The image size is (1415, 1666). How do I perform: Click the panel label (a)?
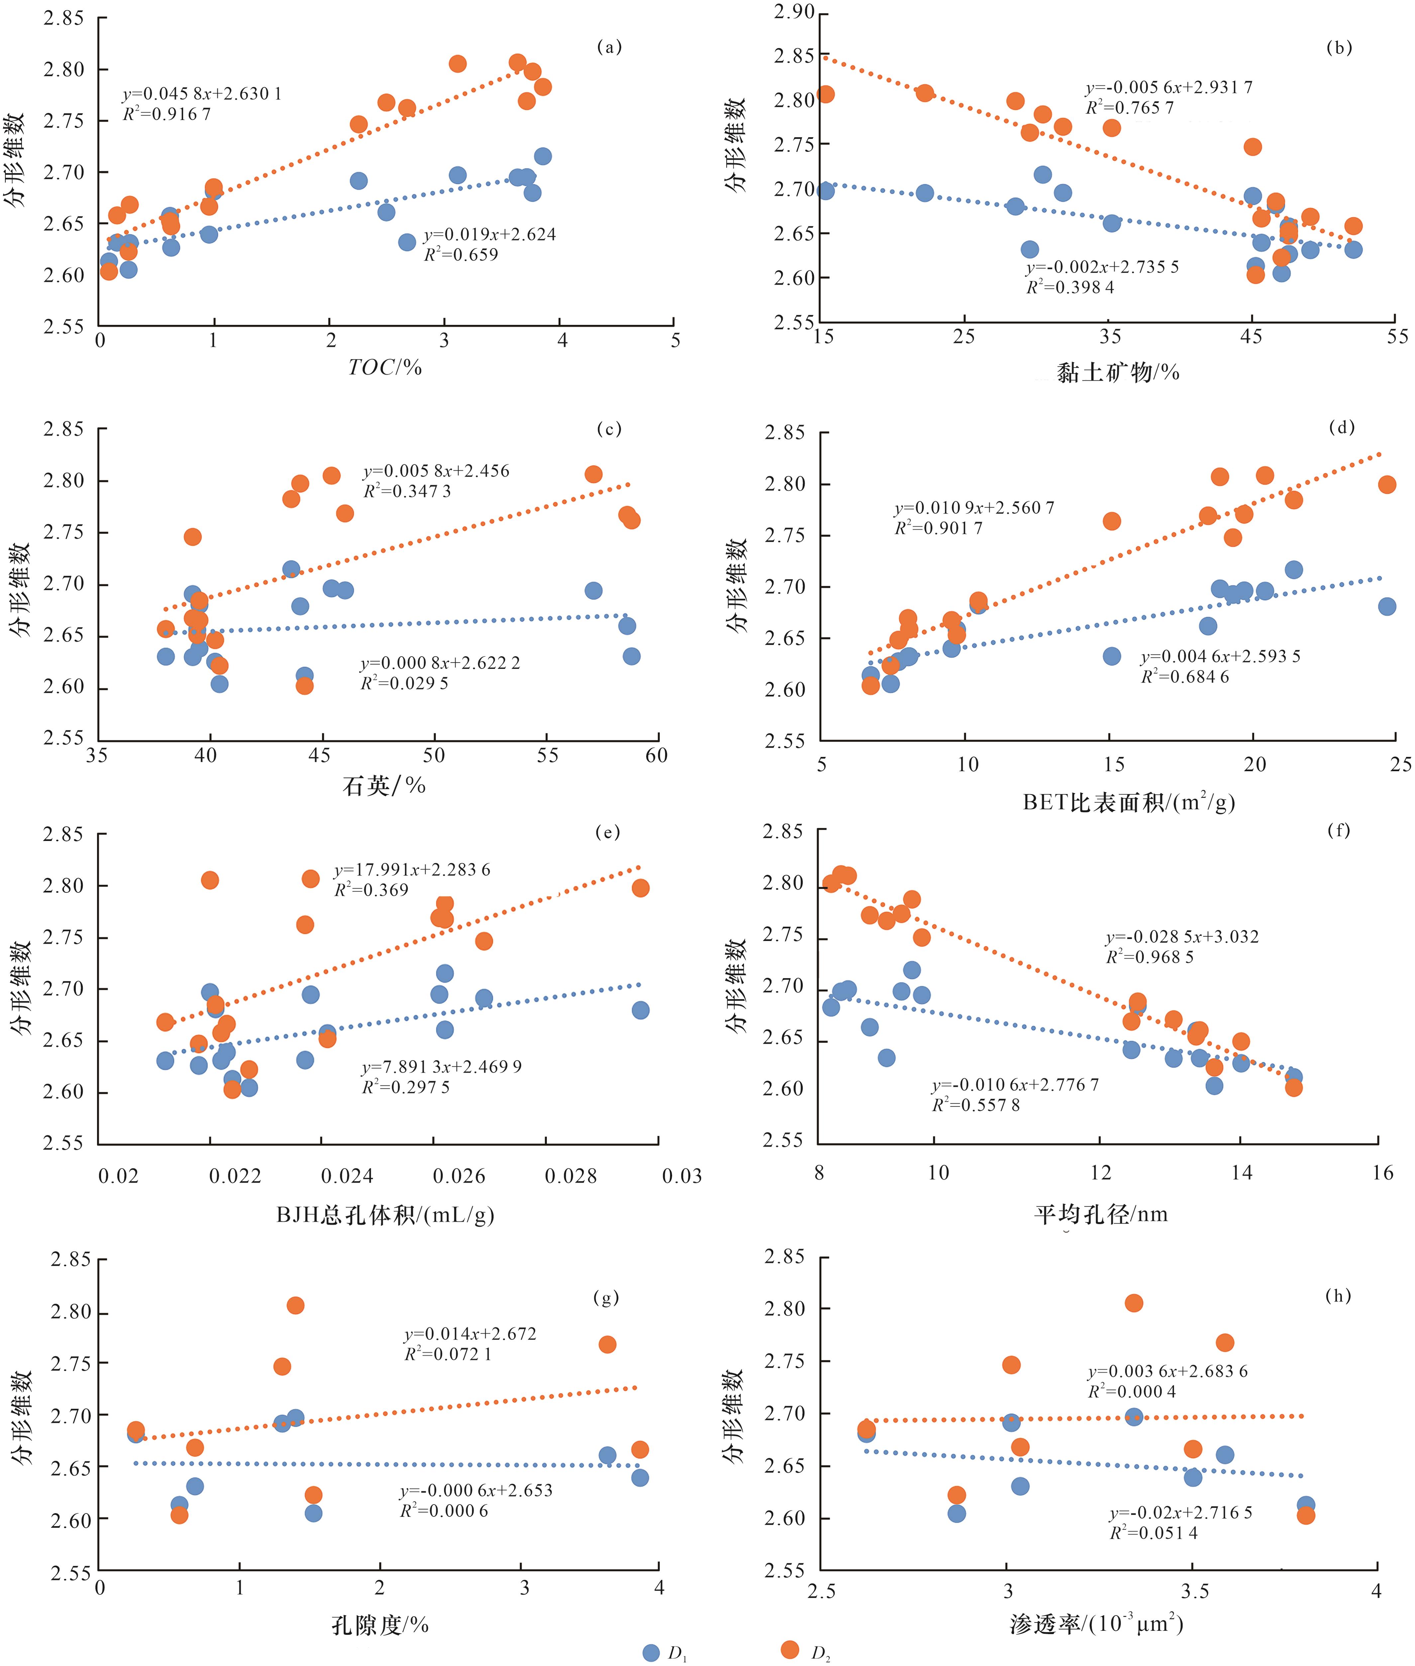click(x=609, y=47)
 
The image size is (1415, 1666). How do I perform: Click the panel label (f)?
click(x=1339, y=831)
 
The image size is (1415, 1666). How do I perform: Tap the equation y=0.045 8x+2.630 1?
click(x=202, y=94)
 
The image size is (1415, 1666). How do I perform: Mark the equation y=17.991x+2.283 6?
click(x=412, y=870)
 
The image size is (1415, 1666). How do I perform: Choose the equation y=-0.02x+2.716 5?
click(x=1181, y=1513)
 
